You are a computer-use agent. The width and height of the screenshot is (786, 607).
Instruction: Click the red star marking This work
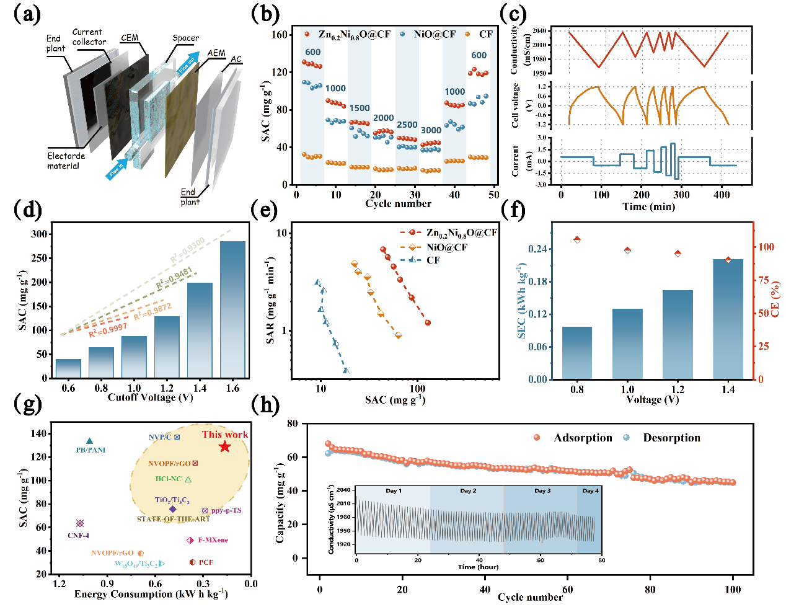(x=224, y=446)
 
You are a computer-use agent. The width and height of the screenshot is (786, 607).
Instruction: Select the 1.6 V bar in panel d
(x=232, y=309)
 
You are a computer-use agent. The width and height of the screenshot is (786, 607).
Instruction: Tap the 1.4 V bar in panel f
(x=728, y=319)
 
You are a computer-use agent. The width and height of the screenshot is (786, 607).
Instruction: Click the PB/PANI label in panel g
(x=91, y=450)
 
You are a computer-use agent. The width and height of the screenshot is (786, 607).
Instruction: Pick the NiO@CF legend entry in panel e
(x=446, y=247)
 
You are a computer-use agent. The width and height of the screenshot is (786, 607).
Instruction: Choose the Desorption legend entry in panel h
(x=671, y=438)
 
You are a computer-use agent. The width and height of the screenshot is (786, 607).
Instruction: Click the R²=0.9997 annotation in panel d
(x=107, y=330)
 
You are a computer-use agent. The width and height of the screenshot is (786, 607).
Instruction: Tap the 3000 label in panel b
(x=431, y=130)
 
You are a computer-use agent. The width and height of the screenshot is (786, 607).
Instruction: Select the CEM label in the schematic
(x=130, y=38)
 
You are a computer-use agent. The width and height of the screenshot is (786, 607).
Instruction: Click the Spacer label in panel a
(x=185, y=38)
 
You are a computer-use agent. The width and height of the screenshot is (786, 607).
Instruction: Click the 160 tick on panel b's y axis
(x=280, y=35)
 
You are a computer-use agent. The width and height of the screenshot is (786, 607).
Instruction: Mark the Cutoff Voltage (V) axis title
(x=150, y=397)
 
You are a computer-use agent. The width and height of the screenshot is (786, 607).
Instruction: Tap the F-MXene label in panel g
(x=213, y=540)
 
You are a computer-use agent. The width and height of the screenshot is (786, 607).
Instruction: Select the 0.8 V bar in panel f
(x=576, y=352)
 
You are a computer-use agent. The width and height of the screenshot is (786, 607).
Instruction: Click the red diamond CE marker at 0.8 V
(x=577, y=239)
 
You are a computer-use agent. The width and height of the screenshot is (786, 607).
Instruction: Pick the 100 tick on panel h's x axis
(x=733, y=589)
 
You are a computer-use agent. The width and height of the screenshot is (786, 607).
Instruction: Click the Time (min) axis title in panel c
(x=648, y=206)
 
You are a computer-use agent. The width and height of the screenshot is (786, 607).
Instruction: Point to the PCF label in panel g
(x=206, y=562)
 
